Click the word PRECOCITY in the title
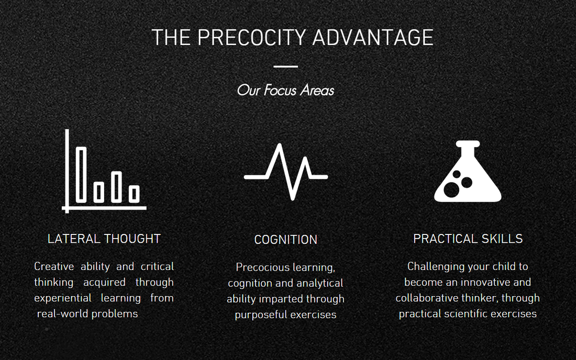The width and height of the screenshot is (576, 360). [x=252, y=38]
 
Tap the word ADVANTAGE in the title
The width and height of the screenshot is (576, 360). [x=373, y=38]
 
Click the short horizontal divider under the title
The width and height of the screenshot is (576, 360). [x=285, y=66]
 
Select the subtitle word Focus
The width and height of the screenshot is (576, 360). [x=280, y=91]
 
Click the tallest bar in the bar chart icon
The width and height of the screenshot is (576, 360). [x=81, y=174]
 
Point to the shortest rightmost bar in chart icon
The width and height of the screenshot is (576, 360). [x=134, y=194]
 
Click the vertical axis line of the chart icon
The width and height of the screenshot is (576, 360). [x=67, y=171]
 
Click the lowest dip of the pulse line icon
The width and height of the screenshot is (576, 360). [x=292, y=198]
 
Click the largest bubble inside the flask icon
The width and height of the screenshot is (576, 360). [x=451, y=189]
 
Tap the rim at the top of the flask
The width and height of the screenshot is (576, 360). [x=468, y=144]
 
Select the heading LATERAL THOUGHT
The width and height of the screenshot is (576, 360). [x=104, y=239]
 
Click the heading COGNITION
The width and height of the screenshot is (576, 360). [x=285, y=240]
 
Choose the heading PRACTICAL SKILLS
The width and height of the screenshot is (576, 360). [x=468, y=239]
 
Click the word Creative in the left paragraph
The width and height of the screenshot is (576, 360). [x=54, y=266]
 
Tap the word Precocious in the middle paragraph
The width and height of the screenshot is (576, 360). [x=259, y=267]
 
